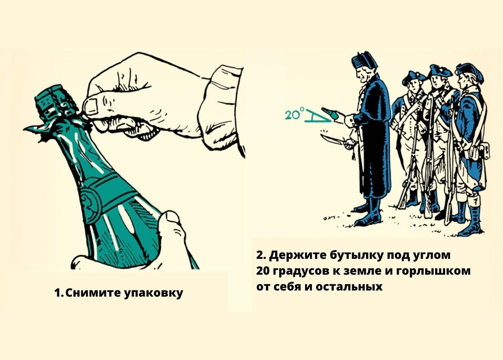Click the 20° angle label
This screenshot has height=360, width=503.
click(x=294, y=115)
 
